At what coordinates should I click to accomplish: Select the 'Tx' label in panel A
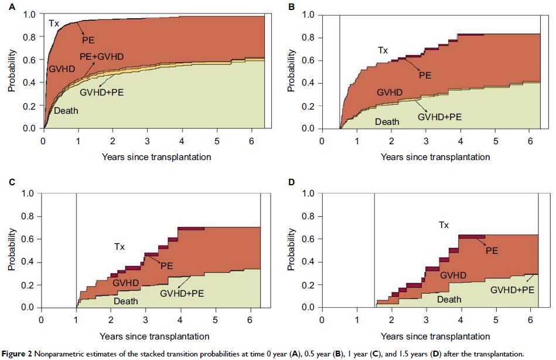coord(53,23)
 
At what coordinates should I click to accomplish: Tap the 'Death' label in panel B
coord(387,122)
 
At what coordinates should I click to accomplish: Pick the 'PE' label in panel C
coord(168,265)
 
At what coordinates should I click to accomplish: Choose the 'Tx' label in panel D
coord(444,225)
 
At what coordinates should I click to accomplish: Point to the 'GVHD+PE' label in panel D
coord(512,290)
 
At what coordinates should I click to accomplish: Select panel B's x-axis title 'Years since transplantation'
coord(435,157)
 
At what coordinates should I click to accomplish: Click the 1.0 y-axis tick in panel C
coord(26,193)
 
